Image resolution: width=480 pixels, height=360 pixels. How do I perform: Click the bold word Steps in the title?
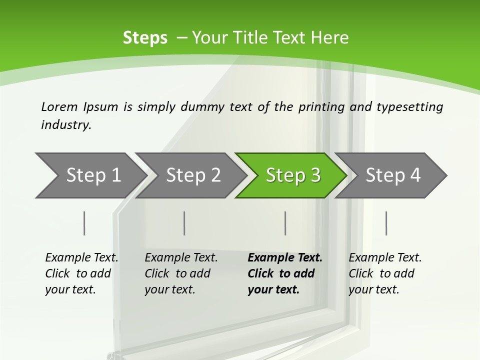[145, 38]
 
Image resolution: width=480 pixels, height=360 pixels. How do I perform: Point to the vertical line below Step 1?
[84, 223]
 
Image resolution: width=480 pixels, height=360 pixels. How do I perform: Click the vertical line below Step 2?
[184, 223]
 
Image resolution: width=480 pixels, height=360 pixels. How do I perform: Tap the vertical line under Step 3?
[285, 223]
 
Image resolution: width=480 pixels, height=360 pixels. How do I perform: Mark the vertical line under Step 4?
[386, 223]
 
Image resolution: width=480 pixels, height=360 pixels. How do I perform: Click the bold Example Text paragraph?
[284, 273]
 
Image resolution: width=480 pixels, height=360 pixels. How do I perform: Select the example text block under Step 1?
[81, 273]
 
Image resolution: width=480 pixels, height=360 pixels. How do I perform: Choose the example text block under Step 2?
[181, 273]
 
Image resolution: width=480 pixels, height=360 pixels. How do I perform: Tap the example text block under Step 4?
[385, 273]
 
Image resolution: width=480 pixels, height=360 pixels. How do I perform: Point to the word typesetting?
[409, 106]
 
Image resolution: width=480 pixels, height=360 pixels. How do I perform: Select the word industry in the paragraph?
[65, 124]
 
